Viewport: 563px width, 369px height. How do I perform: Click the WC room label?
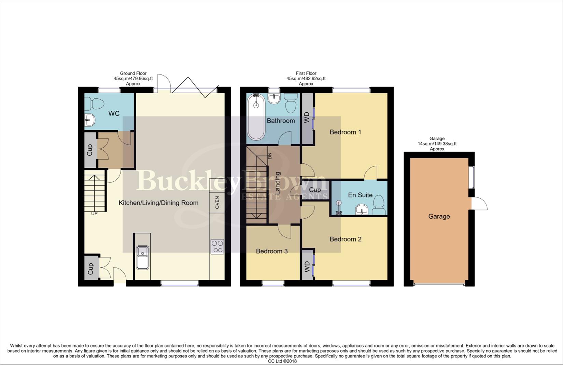point(114,113)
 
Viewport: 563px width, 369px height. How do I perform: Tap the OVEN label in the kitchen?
point(217,203)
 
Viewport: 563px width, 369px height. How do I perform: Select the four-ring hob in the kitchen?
point(217,247)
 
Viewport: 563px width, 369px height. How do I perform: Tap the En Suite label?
point(360,195)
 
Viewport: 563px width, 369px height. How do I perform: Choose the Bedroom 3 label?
point(272,251)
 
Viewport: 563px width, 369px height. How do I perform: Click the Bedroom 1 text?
point(345,132)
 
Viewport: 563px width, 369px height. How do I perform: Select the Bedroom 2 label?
point(345,239)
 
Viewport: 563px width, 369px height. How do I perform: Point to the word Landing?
point(277,183)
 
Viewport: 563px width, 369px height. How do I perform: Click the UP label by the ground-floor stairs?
point(94,214)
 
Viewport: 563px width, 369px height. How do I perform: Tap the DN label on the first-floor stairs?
point(269,156)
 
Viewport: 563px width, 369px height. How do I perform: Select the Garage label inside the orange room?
point(439,216)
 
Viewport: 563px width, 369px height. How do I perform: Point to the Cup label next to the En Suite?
point(315,190)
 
